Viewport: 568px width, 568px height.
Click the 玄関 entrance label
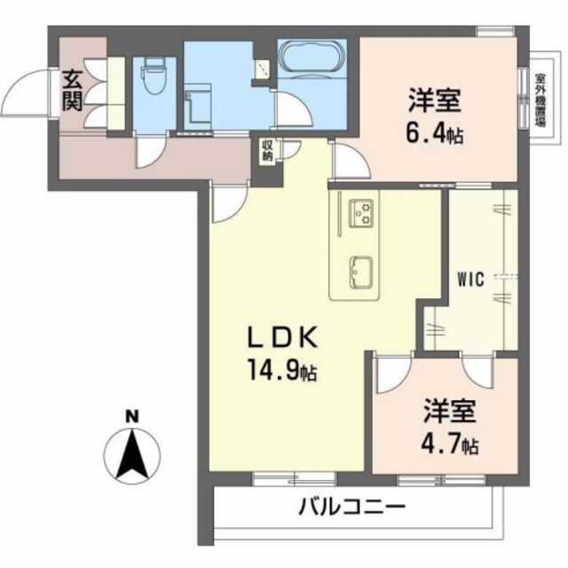click(x=72, y=91)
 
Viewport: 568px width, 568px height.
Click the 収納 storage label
click(x=267, y=151)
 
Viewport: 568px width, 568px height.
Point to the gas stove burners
click(x=363, y=214)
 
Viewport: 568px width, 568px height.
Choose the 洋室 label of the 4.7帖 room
click(x=449, y=411)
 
